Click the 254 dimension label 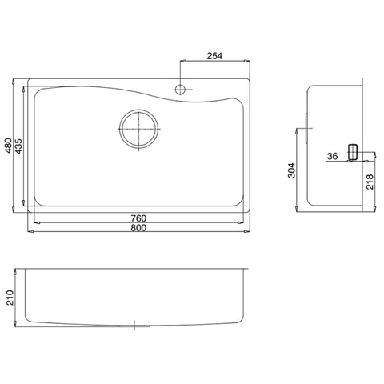(x=214, y=55)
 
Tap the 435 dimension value (x=18, y=146)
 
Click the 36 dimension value (x=332, y=156)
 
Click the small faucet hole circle (x=182, y=88)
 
